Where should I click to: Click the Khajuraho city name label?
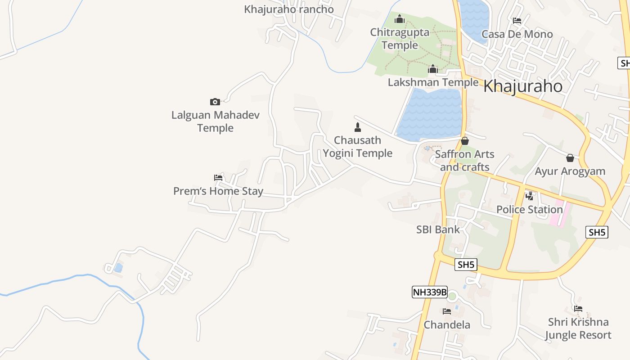[522, 86]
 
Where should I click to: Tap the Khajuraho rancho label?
[289, 9]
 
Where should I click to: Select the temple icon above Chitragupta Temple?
[399, 19]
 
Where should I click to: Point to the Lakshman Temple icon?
[433, 69]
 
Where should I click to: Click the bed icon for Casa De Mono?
[517, 21]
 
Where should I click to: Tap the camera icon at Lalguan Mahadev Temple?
[215, 102]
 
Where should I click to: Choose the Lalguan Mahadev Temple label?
[216, 121]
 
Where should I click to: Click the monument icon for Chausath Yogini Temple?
[358, 127]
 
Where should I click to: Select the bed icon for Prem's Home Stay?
[218, 178]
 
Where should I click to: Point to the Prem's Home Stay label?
[218, 191]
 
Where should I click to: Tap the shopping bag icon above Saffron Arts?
[465, 141]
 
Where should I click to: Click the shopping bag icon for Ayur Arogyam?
[570, 158]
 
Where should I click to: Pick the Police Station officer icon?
[530, 196]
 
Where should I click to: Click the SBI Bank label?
[438, 229]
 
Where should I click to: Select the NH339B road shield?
[430, 292]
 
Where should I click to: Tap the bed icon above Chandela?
[447, 311]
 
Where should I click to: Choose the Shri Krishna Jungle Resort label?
[578, 328]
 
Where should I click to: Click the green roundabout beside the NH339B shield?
[452, 296]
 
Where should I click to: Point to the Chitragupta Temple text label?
[400, 39]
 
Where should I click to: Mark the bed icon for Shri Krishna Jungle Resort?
[578, 309]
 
